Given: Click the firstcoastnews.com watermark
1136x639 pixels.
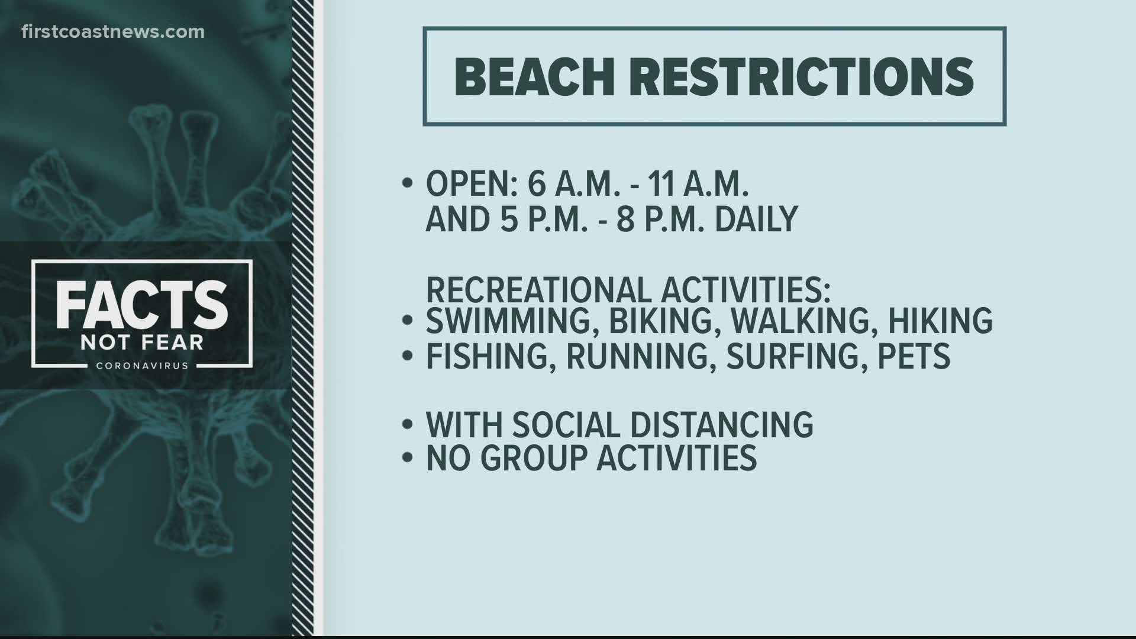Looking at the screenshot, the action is [113, 32].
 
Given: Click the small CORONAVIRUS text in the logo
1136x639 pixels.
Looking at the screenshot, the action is [142, 366].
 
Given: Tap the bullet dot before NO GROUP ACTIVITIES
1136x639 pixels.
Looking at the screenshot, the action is [406, 458].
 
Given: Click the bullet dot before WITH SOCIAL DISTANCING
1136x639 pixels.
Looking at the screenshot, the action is [406, 425].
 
